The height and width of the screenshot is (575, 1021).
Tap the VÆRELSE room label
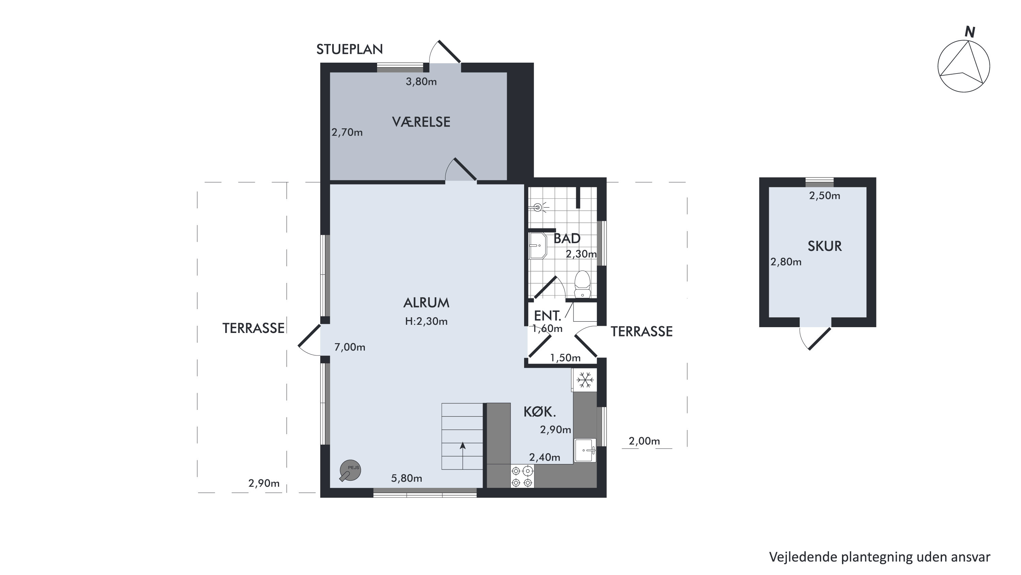tap(421, 122)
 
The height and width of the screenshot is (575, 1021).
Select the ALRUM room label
tap(426, 303)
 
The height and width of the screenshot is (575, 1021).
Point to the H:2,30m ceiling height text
tap(426, 321)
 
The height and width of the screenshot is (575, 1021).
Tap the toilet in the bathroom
tap(582, 284)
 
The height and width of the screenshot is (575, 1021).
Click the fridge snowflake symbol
tap(585, 380)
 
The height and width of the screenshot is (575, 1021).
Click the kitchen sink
tap(585, 450)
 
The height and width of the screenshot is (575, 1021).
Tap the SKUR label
tap(824, 246)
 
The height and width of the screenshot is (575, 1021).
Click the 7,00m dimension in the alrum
tap(350, 347)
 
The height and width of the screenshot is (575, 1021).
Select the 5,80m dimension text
tap(407, 478)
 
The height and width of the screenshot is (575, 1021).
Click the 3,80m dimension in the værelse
tap(421, 82)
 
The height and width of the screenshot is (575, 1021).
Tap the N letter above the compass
tap(970, 32)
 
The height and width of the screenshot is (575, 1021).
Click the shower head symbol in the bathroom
tap(539, 207)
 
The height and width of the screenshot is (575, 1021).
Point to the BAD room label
tap(567, 239)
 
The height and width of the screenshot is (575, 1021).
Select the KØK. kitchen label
tap(540, 412)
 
